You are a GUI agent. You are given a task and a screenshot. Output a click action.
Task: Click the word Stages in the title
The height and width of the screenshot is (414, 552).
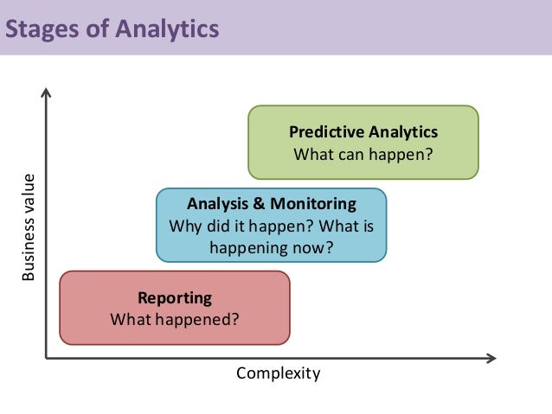(x=42, y=31)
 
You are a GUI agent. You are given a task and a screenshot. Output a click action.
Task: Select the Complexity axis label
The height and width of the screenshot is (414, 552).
(x=279, y=373)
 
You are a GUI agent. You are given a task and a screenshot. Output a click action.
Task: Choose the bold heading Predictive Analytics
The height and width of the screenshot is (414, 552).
(x=363, y=132)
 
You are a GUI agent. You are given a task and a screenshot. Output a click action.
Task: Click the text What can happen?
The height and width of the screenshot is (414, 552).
(x=363, y=155)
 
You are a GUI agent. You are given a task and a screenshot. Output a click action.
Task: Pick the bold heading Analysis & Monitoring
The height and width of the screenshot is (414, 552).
(x=272, y=205)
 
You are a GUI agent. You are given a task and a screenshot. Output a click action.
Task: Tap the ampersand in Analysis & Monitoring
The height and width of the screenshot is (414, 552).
(x=256, y=205)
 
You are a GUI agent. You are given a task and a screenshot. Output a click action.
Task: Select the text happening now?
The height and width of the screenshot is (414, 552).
(x=272, y=249)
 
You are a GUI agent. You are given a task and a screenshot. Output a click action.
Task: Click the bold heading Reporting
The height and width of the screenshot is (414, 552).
(x=175, y=298)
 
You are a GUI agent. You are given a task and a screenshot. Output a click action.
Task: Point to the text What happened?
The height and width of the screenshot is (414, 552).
(x=175, y=320)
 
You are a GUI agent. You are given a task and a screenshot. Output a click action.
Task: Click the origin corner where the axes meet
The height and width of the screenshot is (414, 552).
(x=45, y=356)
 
